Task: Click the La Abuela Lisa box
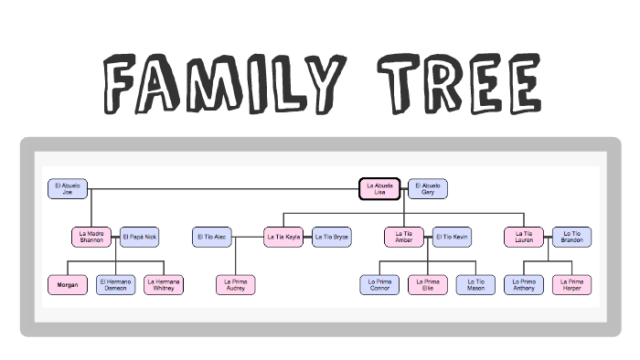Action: [x=379, y=189]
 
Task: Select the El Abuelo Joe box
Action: [x=67, y=189]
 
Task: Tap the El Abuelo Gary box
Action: [x=427, y=189]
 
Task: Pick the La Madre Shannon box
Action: [x=91, y=237]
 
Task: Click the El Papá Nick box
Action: [x=139, y=237]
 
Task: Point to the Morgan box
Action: [x=67, y=285]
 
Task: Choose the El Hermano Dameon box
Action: [x=115, y=285]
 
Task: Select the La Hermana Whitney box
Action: [x=164, y=285]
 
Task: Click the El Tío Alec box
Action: [x=212, y=237]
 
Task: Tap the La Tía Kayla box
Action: [x=283, y=237]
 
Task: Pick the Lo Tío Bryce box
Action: [x=332, y=237]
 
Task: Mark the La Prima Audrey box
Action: [x=236, y=285]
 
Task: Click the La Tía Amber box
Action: [x=403, y=237]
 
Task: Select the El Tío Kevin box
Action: [x=452, y=237]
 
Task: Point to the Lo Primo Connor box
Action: [x=379, y=285]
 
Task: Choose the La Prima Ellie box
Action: [x=427, y=285]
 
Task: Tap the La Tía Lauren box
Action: [x=524, y=237]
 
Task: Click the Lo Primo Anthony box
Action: [x=524, y=285]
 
